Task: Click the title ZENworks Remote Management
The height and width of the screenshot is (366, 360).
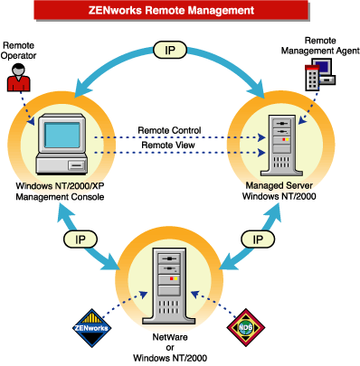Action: coord(180,12)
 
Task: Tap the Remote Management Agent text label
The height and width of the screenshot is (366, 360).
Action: coord(327,46)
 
